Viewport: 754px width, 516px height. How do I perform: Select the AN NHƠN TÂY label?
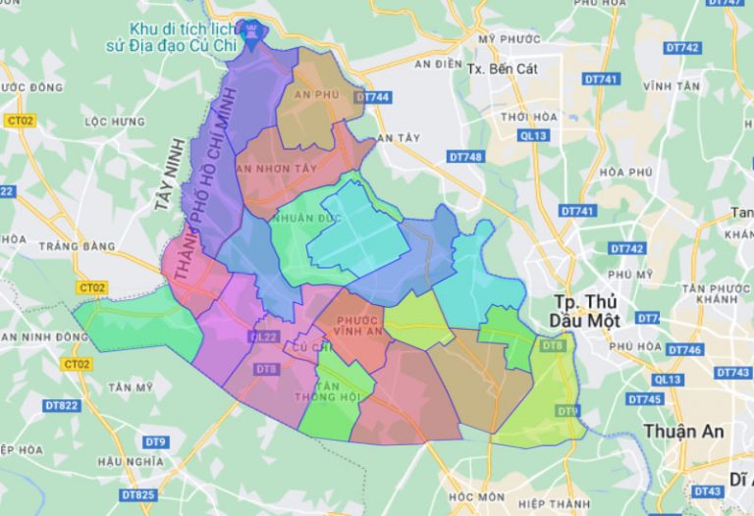[x=278, y=169]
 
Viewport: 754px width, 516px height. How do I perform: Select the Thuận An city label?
[x=684, y=431]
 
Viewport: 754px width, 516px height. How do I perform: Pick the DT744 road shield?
[x=373, y=97]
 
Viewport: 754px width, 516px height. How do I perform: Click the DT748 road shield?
[x=465, y=157]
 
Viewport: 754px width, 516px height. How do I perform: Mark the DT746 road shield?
[x=684, y=350]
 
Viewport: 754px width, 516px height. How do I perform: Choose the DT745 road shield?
[x=644, y=399]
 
